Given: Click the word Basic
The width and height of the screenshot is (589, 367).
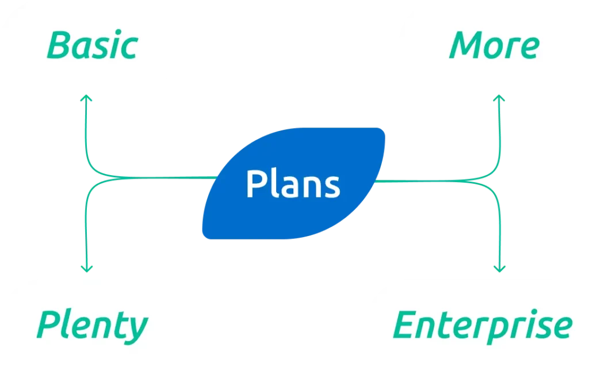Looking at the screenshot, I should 92,45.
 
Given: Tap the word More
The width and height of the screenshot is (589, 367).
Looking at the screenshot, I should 494,45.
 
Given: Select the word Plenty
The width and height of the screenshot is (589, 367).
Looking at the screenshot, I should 92,325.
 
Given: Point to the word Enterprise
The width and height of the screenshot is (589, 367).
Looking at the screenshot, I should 483,325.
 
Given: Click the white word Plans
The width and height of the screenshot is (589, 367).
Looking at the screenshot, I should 293,184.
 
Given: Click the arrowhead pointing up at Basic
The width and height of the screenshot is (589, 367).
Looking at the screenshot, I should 86,99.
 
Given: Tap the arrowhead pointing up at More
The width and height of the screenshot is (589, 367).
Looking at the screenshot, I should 499,99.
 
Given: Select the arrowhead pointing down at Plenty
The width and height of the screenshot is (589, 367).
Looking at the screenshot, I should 86,268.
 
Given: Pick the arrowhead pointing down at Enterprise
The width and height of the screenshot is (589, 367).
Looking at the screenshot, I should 499,268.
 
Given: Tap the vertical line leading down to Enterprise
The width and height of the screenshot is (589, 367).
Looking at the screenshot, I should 499,230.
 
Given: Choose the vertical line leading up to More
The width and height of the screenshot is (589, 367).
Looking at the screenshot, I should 499,132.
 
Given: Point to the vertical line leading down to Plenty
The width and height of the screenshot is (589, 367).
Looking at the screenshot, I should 86,230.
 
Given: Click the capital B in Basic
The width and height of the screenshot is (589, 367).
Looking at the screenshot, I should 59,45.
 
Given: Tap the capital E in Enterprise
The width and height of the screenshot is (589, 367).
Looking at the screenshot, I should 404,325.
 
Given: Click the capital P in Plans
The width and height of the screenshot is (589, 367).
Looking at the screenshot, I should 254,184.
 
